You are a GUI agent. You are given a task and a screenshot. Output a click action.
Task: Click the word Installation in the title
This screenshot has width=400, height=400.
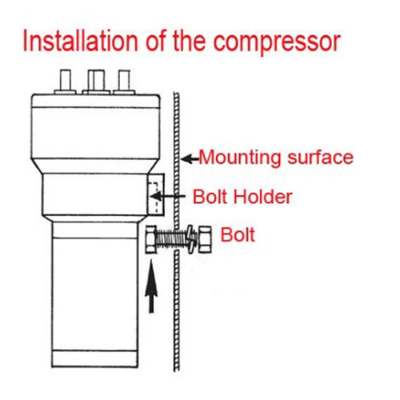tap(80, 42)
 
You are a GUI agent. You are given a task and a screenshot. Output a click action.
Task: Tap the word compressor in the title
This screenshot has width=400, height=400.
tap(277, 43)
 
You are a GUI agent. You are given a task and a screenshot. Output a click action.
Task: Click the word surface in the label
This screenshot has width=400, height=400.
tap(321, 157)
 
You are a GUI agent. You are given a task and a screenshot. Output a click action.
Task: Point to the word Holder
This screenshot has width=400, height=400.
tap(262, 197)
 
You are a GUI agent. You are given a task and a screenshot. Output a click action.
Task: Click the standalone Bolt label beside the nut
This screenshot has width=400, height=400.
tap(238, 234)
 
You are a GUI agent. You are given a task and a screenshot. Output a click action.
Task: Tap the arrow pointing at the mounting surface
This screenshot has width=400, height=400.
tap(190, 159)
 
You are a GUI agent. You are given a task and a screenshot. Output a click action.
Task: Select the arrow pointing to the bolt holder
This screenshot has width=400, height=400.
tap(168, 197)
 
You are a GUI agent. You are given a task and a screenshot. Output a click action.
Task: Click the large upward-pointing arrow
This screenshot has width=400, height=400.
tap(151, 286)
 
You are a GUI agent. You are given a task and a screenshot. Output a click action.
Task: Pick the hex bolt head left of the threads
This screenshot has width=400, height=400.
tap(151, 239)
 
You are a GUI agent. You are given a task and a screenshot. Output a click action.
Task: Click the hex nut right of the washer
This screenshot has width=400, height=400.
tap(205, 239)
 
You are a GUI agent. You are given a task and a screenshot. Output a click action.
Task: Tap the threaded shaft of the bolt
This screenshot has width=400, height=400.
tap(172, 239)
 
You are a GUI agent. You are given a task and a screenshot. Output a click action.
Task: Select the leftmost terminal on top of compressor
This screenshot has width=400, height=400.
tap(66, 82)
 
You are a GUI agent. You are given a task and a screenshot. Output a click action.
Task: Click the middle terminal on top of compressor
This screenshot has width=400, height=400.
tap(96, 82)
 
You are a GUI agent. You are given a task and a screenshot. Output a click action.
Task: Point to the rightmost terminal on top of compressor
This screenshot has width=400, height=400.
tap(124, 82)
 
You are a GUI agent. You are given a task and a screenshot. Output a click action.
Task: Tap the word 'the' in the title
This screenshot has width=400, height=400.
tap(190, 42)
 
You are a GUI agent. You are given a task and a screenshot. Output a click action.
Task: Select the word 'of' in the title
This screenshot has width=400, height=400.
tap(156, 42)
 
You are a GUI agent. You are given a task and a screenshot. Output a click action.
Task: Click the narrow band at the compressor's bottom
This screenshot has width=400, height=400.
tap(94, 359)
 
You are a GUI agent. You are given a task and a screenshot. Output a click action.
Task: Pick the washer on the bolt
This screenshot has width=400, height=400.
tap(191, 239)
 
